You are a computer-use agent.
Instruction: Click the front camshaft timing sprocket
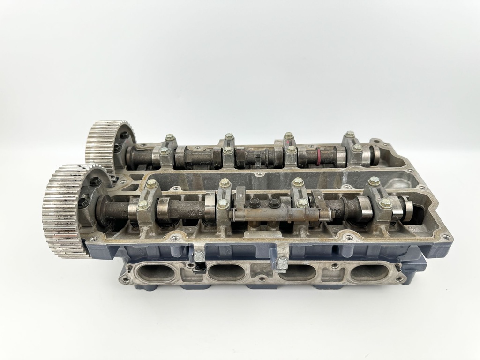click(x=63, y=211)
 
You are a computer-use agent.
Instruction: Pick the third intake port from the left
click(x=297, y=272)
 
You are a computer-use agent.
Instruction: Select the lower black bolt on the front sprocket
click(x=83, y=203)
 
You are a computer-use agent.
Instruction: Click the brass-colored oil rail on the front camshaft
click(x=277, y=214)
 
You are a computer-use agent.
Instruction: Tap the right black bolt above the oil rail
click(x=273, y=202)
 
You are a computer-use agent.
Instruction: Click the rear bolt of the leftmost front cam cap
click(x=152, y=184)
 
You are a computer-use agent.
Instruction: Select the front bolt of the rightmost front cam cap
click(x=385, y=203)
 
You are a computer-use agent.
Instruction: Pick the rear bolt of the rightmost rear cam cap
click(x=350, y=135)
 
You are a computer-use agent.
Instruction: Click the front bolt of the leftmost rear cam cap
click(x=164, y=151)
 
